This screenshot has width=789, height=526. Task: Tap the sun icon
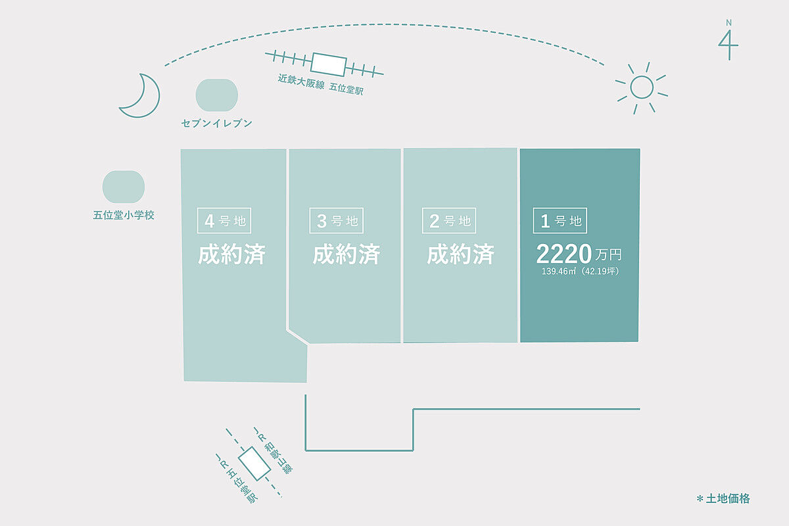coord(642,87)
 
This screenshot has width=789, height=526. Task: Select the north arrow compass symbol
coord(729,41)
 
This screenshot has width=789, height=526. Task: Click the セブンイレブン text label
coord(216,124)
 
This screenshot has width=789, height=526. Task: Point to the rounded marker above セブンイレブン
coord(216,95)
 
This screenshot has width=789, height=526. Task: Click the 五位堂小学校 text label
coord(124,215)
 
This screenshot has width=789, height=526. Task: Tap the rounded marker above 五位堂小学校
coord(124,187)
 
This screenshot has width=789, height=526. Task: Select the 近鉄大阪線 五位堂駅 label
coord(321,85)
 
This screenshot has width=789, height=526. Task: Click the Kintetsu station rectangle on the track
coord(329,64)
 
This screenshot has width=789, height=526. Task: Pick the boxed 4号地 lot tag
coord(224,220)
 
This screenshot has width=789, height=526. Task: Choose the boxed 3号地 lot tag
coord(337,220)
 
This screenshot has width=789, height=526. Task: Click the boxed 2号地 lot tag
coord(449,220)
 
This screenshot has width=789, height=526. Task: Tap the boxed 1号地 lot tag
coord(560,220)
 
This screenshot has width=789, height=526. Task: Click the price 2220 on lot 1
coord(563,254)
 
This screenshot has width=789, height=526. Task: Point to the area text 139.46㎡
coord(559,272)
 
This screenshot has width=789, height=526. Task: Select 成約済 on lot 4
coord(231,254)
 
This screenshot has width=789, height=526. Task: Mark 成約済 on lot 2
coord(461,254)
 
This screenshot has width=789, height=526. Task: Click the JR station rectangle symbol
coord(254,464)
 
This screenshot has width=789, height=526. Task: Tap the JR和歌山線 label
coord(274,450)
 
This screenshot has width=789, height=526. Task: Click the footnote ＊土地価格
coord(723,498)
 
